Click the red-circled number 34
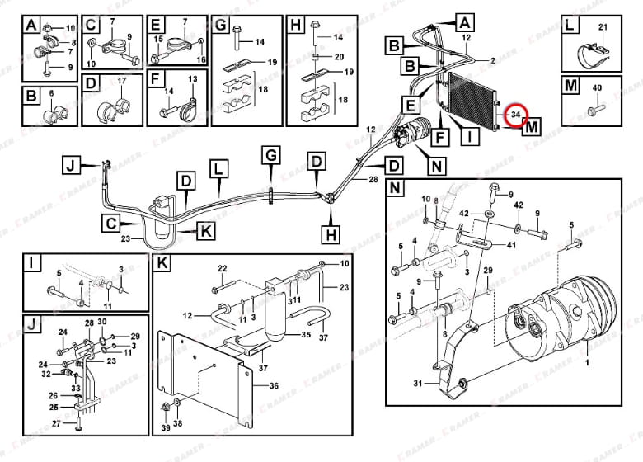click(x=515, y=115)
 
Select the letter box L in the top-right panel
click(x=571, y=26)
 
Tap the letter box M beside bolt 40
click(x=571, y=86)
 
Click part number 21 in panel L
click(x=603, y=28)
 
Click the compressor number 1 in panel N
click(x=586, y=362)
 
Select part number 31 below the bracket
click(x=417, y=382)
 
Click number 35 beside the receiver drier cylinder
click(x=305, y=336)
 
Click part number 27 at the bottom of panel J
click(x=56, y=423)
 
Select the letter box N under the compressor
click(x=436, y=166)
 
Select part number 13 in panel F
click(x=193, y=78)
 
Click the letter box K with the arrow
click(x=205, y=232)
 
